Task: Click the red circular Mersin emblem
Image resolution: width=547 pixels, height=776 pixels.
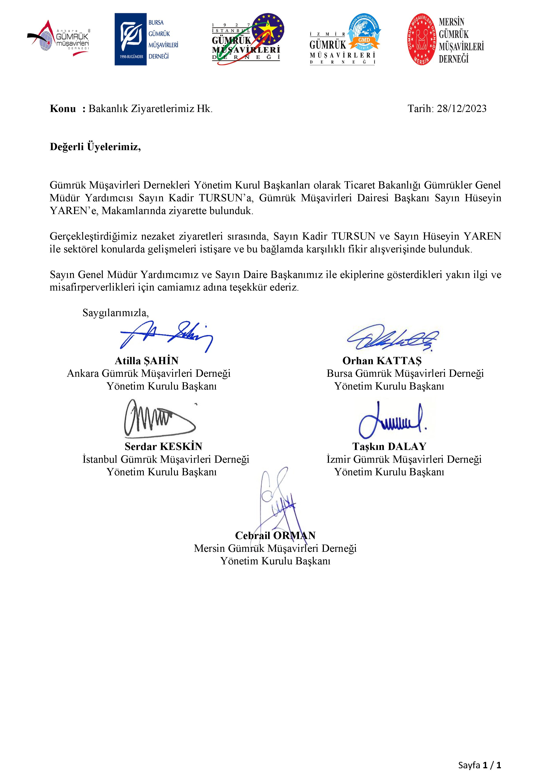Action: pos(422,39)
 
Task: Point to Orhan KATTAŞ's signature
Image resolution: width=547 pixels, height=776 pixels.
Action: pos(392,338)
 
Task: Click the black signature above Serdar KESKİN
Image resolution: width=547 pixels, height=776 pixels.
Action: pos(159,419)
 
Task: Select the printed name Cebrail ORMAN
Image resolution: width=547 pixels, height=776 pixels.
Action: pos(275,535)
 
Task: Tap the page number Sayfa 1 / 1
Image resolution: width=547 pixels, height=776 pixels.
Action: pos(479,765)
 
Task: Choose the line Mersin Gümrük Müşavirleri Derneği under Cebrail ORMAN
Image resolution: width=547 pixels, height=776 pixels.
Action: pos(275,548)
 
